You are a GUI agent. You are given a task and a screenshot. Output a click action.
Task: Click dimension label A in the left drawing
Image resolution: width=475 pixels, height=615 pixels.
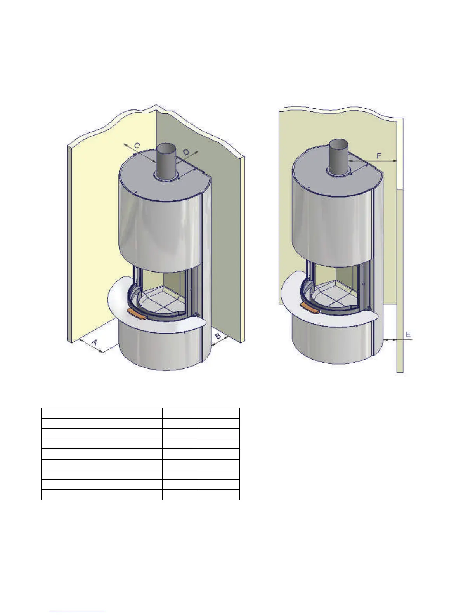95,342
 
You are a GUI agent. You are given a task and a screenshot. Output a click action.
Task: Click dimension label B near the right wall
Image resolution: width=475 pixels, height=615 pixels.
218,336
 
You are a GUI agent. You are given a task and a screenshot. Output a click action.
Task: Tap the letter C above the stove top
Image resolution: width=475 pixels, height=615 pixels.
137,146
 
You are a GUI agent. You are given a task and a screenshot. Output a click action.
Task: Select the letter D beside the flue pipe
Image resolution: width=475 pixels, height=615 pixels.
186,152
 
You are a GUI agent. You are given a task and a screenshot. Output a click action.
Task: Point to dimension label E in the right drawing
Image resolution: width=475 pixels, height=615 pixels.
408,335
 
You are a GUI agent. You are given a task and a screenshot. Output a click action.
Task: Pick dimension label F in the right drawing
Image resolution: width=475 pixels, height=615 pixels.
379,155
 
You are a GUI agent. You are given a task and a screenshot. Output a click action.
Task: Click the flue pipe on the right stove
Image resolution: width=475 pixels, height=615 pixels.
339,156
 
